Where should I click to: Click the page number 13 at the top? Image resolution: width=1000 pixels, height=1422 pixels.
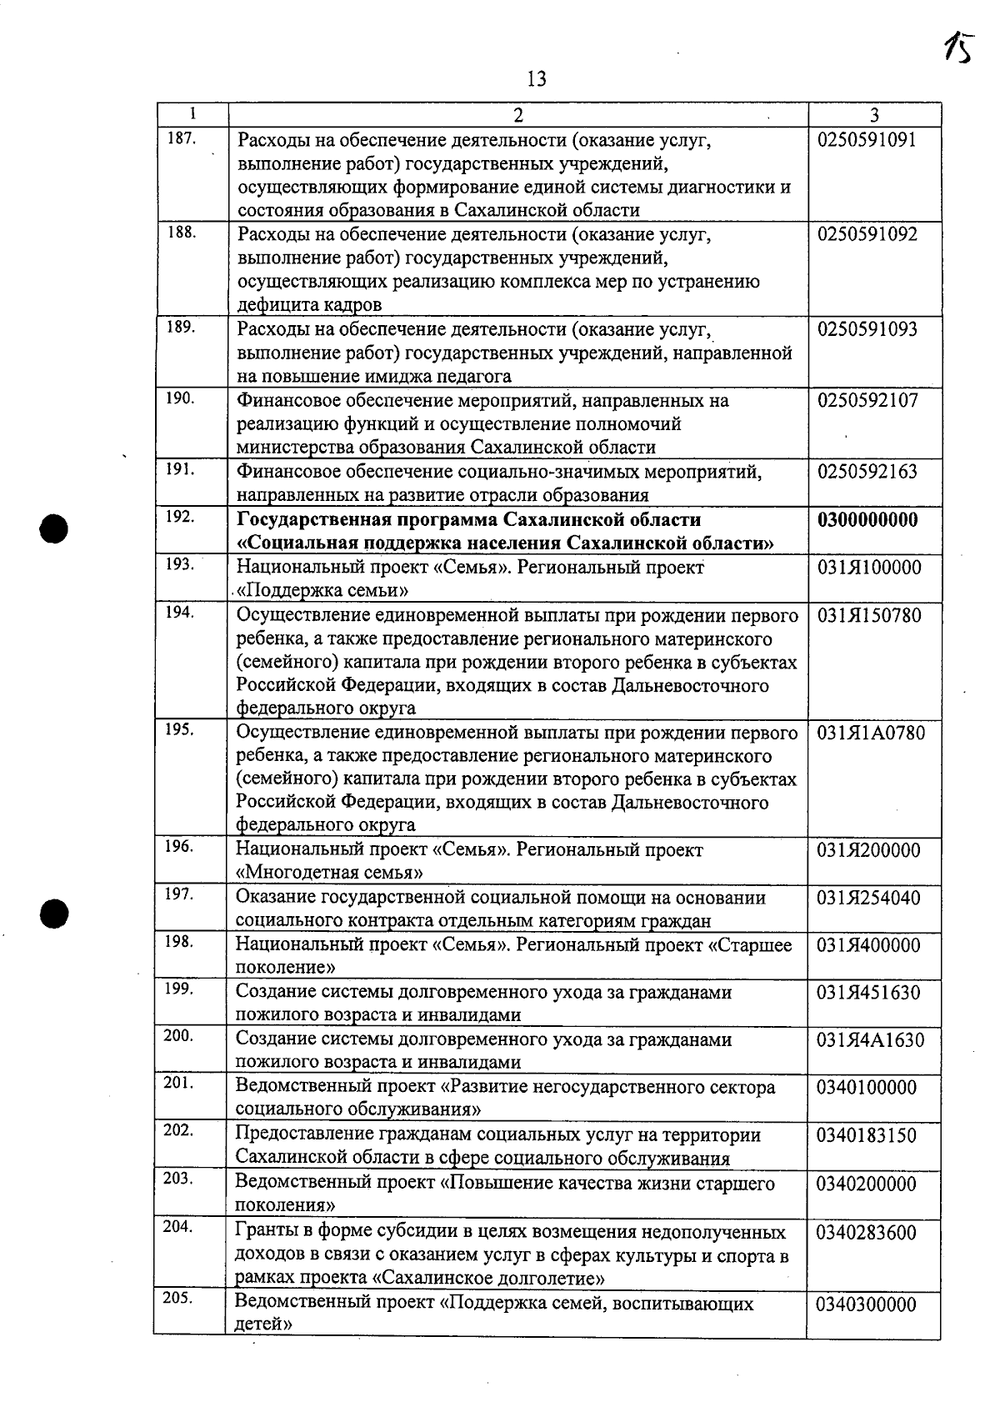[x=537, y=79]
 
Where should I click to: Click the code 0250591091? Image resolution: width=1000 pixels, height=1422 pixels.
[x=867, y=140]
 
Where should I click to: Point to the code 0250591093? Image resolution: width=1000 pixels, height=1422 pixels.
[x=867, y=329]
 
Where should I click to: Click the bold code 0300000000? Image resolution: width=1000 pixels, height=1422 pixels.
[x=867, y=520]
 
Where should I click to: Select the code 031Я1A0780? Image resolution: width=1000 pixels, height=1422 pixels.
[x=870, y=734]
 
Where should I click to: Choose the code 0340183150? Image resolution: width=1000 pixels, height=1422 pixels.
[x=867, y=1135]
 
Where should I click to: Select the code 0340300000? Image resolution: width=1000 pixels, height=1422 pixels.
[x=867, y=1304]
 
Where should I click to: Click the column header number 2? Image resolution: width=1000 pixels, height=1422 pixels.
[x=517, y=114]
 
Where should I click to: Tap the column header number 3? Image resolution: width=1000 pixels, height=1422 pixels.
[x=874, y=114]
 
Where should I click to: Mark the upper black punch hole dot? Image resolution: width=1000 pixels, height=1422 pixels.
[x=55, y=528]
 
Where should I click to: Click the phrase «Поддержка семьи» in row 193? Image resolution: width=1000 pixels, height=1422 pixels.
[x=323, y=591]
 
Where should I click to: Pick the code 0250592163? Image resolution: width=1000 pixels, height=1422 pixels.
[x=867, y=472]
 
